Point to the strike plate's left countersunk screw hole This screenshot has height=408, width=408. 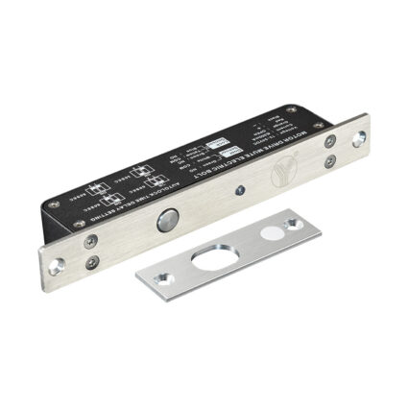159,278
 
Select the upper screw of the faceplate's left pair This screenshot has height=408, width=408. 88,240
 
